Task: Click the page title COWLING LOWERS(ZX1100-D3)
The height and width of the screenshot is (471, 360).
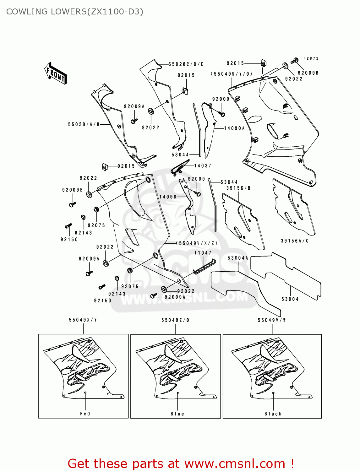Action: pos(75,12)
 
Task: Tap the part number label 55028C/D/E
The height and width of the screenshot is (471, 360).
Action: pos(186,64)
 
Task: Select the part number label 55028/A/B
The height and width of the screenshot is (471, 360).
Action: pos(84,124)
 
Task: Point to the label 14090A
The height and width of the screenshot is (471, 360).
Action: pos(234,128)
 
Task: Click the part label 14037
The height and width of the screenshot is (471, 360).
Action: pos(203,166)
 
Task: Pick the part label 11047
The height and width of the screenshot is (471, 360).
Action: pos(203,253)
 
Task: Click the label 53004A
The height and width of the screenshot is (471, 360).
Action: pos(238,258)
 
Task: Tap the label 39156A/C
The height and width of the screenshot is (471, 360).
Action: pos(295,241)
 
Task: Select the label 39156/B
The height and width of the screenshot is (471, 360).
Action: pos(238,188)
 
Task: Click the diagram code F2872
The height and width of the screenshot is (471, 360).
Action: pos(311,58)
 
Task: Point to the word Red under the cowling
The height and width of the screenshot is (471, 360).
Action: pos(85,414)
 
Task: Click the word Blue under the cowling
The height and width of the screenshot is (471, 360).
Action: pos(177,414)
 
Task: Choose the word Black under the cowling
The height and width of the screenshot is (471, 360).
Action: pos(273,414)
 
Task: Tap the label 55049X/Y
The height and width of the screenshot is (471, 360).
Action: pos(83,320)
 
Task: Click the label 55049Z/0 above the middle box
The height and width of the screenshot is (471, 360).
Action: pos(175,320)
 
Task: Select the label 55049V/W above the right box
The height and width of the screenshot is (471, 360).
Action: pos(272,320)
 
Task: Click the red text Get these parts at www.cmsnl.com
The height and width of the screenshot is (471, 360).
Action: pos(181,463)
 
